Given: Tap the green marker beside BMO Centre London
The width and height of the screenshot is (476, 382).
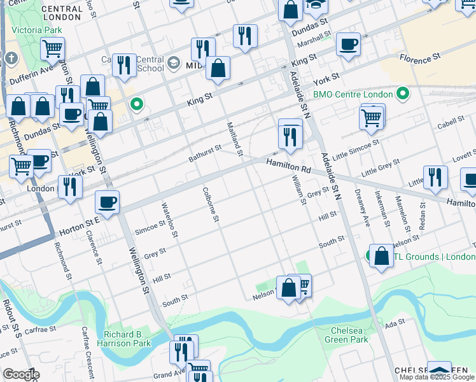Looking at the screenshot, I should (x=402, y=95).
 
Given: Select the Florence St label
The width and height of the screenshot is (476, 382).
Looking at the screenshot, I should (x=420, y=57).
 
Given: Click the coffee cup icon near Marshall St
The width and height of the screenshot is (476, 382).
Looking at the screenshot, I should (x=348, y=45).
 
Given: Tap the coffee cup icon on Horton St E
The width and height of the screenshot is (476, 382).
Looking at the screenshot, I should (x=107, y=202).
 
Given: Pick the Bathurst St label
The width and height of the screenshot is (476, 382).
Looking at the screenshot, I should (x=205, y=153).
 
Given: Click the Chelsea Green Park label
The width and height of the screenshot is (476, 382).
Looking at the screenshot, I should (x=349, y=335).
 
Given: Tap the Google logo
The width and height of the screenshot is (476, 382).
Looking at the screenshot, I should (x=20, y=374).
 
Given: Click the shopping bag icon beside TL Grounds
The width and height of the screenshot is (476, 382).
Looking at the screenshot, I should (x=381, y=256).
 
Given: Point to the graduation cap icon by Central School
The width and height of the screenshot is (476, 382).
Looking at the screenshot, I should (x=174, y=64).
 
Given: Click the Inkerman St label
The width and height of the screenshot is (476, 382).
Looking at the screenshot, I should (x=382, y=208).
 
